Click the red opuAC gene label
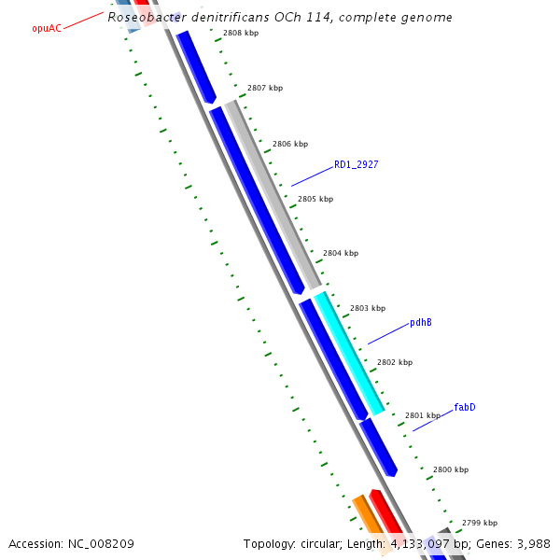47,29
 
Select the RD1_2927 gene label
356,165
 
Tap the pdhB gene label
420,323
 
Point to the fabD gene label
465,408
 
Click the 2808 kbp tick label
241,33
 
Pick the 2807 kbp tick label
265,89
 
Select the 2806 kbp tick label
289,145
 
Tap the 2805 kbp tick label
315,200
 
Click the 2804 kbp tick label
340,253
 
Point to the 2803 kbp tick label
367,308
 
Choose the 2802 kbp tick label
394,362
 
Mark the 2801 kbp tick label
422,415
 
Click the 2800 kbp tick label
450,469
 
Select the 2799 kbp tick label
479,523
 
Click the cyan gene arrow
348,353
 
